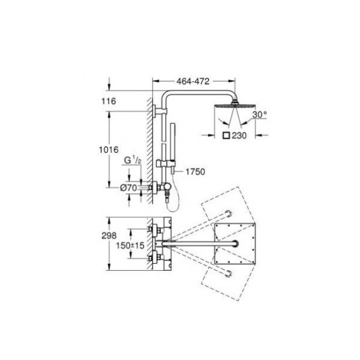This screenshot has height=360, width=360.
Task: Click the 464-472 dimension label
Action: [193, 81]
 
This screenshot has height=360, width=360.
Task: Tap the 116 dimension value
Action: [109, 101]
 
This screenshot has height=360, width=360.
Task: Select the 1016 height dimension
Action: [109, 150]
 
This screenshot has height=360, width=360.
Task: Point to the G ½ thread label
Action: [132, 161]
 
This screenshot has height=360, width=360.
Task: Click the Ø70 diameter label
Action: [128, 188]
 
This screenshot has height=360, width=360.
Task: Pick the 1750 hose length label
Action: [195, 172]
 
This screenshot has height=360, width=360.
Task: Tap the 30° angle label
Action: [260, 114]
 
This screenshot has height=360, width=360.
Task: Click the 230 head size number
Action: [239, 136]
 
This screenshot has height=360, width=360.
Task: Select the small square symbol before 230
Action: [226, 136]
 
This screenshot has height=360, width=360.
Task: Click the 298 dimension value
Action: [109, 235]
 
